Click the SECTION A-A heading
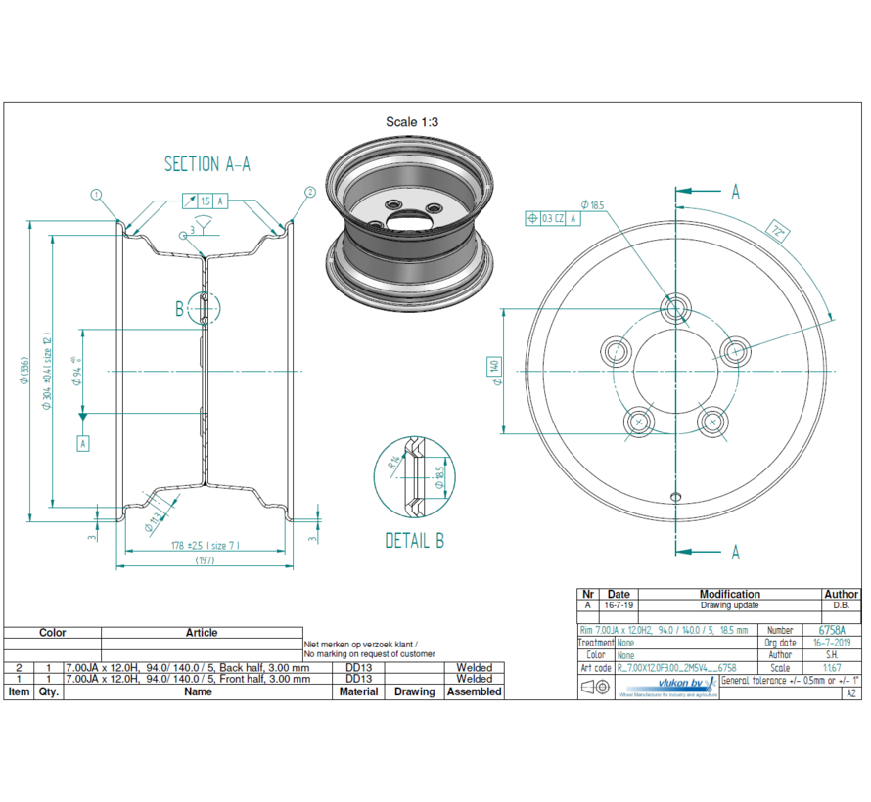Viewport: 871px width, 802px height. (x=206, y=164)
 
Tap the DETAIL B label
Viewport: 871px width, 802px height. (x=415, y=539)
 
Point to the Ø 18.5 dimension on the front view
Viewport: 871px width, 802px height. (x=593, y=205)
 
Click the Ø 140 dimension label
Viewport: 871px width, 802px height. (x=496, y=369)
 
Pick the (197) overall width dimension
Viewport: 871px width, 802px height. (x=205, y=560)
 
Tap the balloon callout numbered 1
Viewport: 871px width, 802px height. (x=96, y=194)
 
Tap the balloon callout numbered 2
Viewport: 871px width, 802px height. (x=310, y=193)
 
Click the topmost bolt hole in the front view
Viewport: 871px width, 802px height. (x=674, y=308)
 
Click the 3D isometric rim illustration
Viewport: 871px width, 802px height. (x=408, y=223)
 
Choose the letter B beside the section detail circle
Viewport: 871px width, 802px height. (x=180, y=309)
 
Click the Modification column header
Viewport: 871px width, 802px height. (x=729, y=594)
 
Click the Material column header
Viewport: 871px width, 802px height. (x=358, y=691)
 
